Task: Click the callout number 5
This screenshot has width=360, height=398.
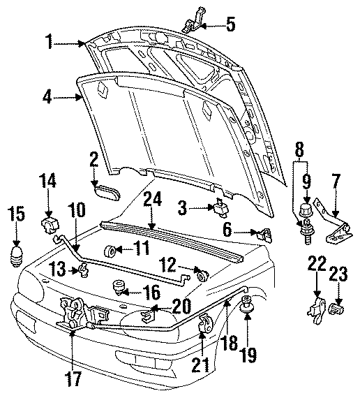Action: point(230,24)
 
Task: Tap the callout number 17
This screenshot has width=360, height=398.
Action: point(74,378)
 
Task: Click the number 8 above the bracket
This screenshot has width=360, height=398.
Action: point(299,149)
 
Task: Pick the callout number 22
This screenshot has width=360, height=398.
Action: point(317,263)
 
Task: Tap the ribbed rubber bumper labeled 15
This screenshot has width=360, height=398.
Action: point(16,256)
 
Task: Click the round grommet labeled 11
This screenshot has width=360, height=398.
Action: point(110,251)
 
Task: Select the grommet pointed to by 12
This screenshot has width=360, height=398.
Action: point(202,276)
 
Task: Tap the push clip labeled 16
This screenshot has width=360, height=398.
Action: point(118,288)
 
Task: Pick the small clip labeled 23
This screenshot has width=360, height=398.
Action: point(337,309)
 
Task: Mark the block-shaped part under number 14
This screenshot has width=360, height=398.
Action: point(50,225)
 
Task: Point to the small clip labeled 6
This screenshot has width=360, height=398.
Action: point(265,235)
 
